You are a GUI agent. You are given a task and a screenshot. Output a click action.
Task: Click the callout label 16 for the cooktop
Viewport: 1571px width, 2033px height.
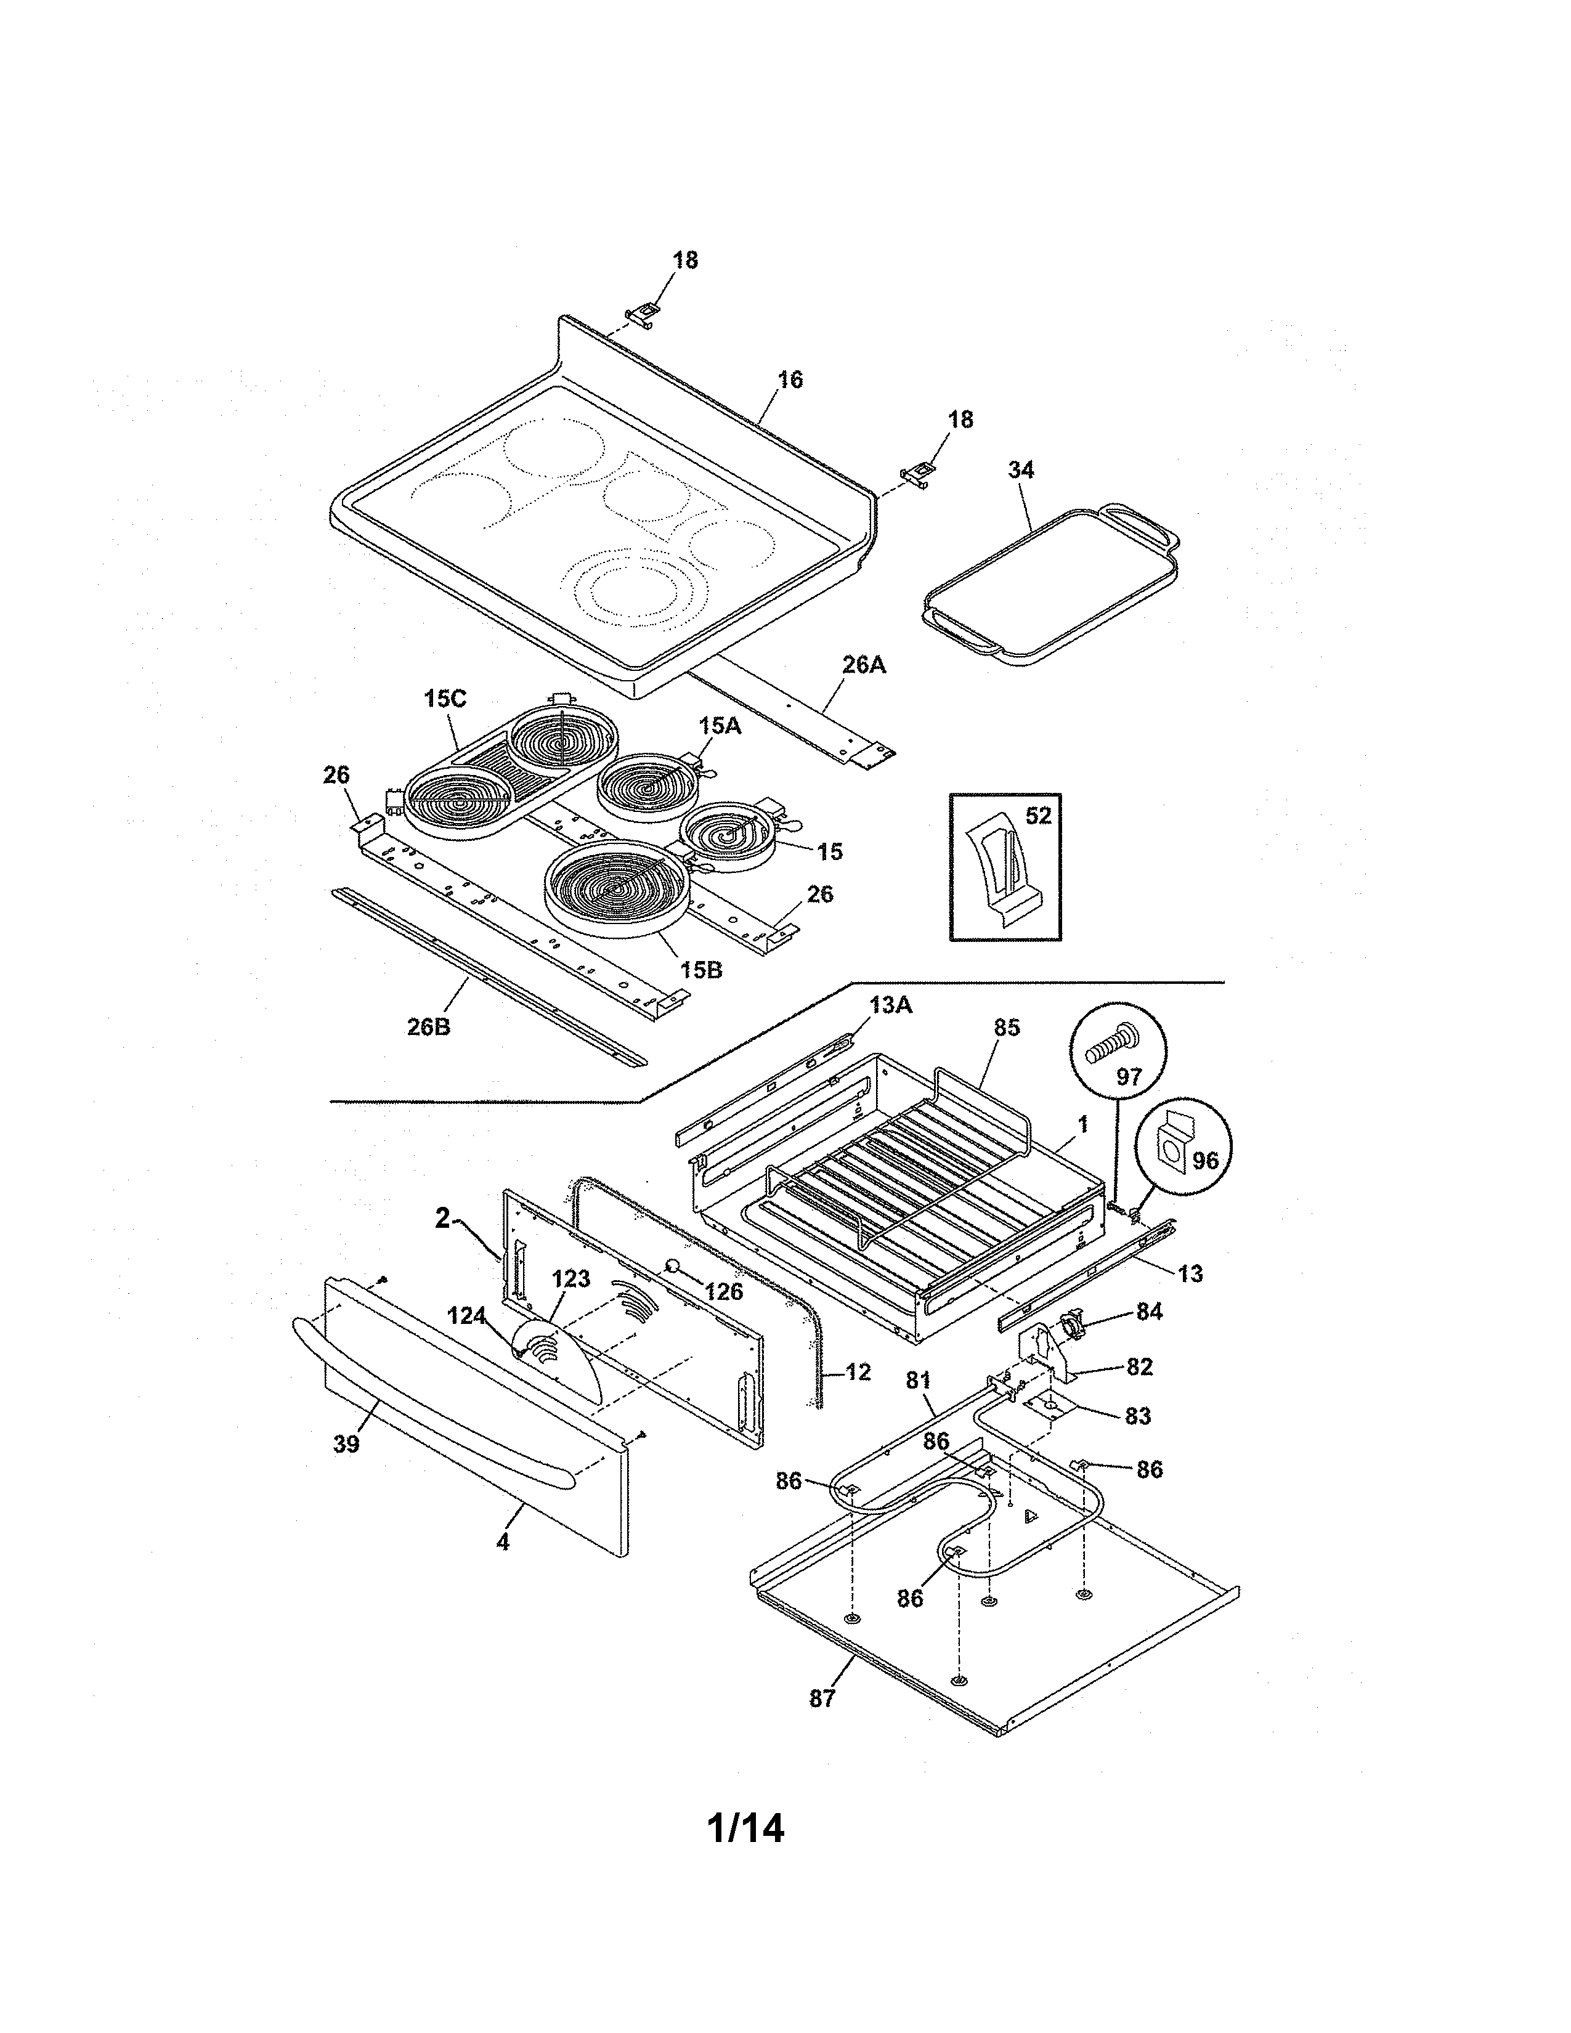pyautogui.click(x=789, y=379)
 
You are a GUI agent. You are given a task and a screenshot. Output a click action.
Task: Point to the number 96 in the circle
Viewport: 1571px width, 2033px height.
pyautogui.click(x=1204, y=1162)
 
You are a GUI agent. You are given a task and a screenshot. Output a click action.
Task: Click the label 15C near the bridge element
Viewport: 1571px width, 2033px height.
pyautogui.click(x=444, y=699)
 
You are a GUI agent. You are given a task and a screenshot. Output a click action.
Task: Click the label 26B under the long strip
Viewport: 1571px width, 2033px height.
pyautogui.click(x=428, y=1028)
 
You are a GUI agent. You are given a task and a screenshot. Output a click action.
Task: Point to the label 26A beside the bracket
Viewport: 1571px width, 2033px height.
pyautogui.click(x=864, y=665)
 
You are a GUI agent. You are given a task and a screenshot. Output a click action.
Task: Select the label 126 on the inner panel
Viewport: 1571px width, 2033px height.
pyautogui.click(x=723, y=1291)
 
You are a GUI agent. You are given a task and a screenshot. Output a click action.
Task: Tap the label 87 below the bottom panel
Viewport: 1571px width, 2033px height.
pyautogui.click(x=822, y=1699)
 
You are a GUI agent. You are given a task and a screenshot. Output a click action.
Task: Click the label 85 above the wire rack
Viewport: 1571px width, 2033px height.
pyautogui.click(x=1006, y=1028)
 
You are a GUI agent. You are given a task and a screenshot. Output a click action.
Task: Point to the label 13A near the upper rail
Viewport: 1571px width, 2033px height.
pyautogui.click(x=891, y=1005)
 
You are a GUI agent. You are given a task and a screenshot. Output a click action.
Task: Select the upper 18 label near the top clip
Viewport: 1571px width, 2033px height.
pyautogui.click(x=685, y=260)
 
